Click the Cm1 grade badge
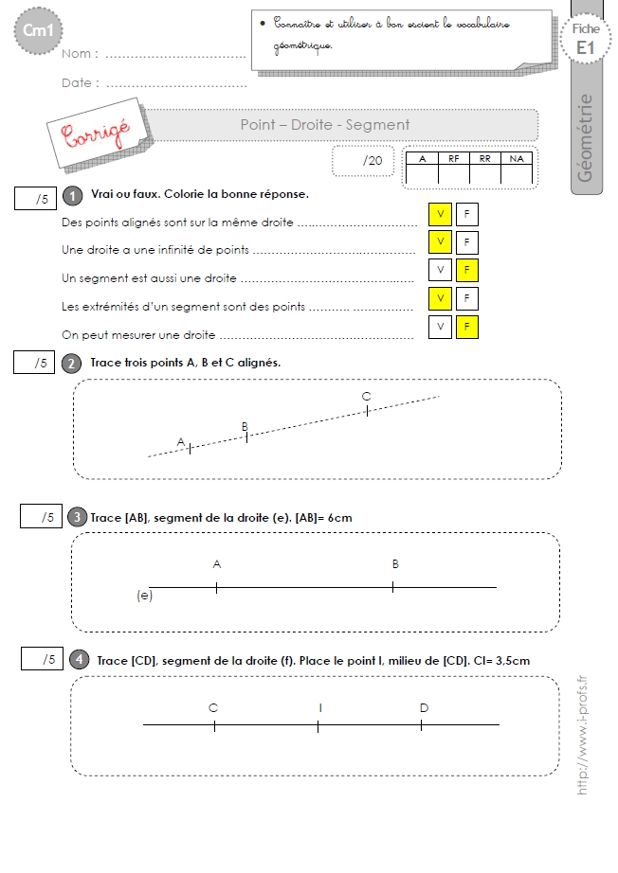point(38,30)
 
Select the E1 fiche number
point(585,48)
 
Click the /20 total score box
point(363,161)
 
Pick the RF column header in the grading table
point(454,159)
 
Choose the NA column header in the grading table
point(517,159)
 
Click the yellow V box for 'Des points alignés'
point(440,214)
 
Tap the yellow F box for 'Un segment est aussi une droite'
point(467,270)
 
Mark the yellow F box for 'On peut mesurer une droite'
point(467,327)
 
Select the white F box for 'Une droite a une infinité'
point(467,242)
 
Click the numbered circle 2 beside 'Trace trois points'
point(71,364)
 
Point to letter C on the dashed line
point(366,397)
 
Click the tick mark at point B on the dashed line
point(246,437)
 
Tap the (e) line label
point(144,596)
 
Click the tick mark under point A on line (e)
point(216,587)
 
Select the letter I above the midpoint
point(320,707)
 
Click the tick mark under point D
point(421,725)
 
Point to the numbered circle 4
point(79,660)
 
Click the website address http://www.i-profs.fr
point(582,736)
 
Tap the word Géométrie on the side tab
point(585,137)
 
